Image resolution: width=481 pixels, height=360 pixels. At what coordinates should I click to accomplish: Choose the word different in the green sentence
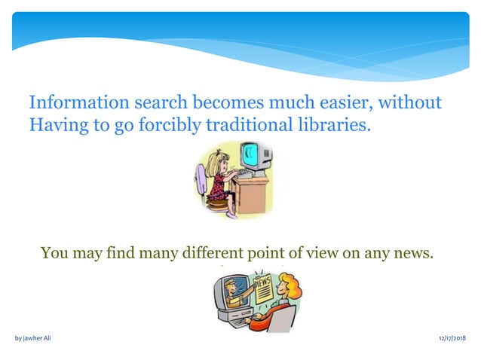(218, 253)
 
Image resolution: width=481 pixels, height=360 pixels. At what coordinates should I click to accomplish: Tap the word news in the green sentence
(413, 253)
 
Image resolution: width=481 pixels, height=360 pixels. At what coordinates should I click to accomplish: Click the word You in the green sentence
(54, 253)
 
